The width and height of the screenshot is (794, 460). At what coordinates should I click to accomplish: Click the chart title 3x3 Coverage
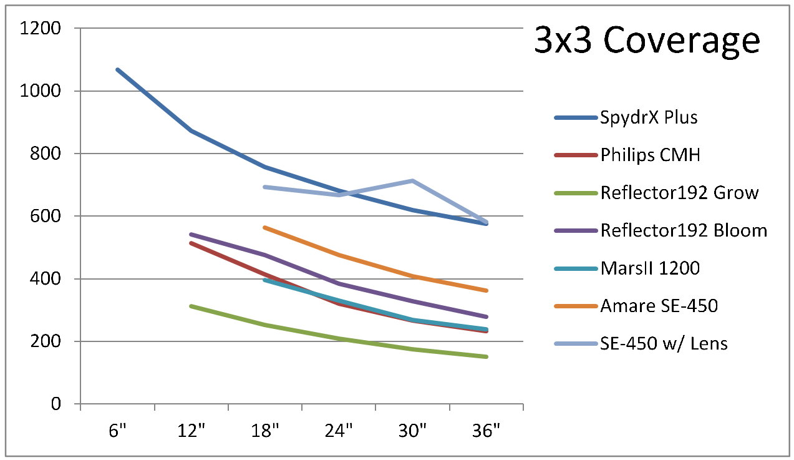[647, 42]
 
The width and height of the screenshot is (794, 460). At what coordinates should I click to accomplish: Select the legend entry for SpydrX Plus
[649, 117]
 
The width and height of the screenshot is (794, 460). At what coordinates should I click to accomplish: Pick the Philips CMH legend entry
[650, 155]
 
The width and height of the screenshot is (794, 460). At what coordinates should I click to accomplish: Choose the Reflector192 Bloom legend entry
[684, 230]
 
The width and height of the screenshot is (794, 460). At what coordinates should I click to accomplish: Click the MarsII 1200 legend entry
[650, 268]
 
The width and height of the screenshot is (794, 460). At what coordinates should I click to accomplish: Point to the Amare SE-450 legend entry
[659, 306]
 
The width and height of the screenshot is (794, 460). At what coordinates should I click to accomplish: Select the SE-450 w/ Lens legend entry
[664, 343]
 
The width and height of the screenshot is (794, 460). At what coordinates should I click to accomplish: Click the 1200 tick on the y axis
[40, 28]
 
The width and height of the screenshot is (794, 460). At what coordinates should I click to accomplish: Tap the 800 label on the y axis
[46, 154]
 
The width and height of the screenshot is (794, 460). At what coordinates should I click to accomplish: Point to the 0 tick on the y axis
[56, 404]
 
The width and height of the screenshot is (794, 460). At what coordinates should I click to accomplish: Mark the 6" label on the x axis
[117, 431]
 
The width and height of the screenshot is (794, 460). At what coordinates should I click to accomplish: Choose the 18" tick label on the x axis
[265, 431]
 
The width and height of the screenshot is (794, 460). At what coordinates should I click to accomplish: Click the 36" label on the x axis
[487, 431]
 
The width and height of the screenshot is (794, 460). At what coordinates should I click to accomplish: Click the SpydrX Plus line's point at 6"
[117, 69]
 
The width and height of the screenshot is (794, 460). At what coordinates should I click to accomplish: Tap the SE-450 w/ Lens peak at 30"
[412, 180]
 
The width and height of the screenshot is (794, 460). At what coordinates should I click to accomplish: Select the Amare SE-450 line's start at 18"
[265, 227]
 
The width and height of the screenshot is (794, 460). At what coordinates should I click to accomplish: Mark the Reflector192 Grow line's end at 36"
[486, 356]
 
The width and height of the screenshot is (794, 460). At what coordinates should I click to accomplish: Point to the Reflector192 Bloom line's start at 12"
[191, 235]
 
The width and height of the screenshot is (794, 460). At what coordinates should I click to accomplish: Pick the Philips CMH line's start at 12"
[191, 243]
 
